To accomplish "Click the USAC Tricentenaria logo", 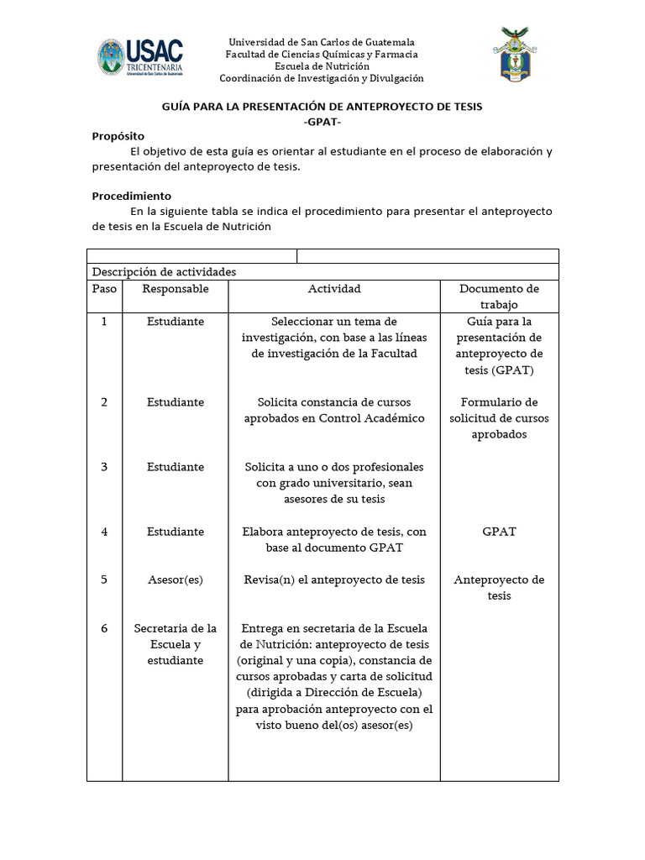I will click(140, 59).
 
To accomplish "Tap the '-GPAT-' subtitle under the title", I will click(322, 122).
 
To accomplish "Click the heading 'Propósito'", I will click(118, 136).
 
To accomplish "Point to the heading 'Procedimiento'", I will click(131, 196).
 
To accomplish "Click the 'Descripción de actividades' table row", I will click(164, 272).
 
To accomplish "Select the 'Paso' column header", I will click(104, 289).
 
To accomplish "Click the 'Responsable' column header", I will click(175, 289).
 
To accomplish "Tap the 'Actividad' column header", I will click(334, 289).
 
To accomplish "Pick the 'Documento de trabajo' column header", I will click(499, 296).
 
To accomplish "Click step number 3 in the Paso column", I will click(104, 467).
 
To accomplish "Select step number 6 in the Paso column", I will click(104, 628).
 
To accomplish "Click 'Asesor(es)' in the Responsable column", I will click(175, 579).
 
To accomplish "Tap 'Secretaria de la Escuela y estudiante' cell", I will click(175, 644).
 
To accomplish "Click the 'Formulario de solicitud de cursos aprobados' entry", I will click(499, 418).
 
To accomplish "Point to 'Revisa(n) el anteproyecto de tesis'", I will click(334, 579).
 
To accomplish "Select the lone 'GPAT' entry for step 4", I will click(499, 532).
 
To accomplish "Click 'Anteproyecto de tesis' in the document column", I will click(499, 588).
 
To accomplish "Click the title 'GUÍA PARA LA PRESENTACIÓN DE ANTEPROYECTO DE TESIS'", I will click(322, 107).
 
